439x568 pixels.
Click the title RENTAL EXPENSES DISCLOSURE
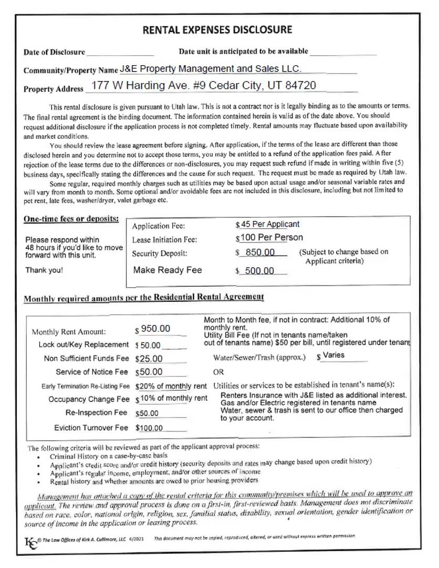(217, 30)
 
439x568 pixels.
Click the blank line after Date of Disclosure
(120, 53)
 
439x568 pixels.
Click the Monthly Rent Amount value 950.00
(155, 329)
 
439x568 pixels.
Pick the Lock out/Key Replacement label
(83, 345)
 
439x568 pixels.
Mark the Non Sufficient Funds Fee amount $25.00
(149, 359)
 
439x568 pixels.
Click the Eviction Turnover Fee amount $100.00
(149, 428)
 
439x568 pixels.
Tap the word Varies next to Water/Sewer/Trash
(333, 356)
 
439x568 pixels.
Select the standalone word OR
(218, 372)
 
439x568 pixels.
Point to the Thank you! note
(44, 270)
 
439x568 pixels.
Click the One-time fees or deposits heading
(71, 219)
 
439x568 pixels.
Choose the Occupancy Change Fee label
(89, 399)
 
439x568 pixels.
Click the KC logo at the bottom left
(32, 541)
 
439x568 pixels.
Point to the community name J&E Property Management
(210, 69)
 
